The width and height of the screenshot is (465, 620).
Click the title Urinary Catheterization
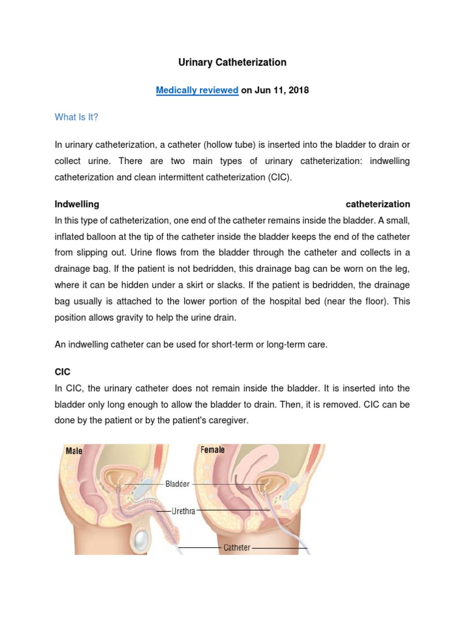(232, 62)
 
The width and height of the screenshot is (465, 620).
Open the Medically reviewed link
(197, 90)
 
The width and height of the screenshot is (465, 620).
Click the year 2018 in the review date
(298, 90)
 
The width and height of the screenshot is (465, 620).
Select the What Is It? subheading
(76, 117)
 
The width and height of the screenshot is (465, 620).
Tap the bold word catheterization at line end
(377, 204)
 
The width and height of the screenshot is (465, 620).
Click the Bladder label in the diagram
(177, 484)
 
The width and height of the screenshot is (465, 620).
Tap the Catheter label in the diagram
(237, 547)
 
